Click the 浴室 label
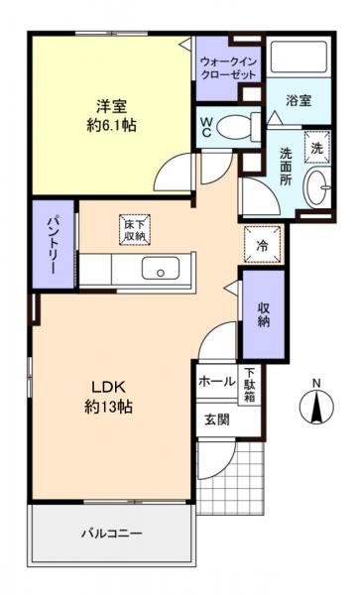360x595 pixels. tap(300, 100)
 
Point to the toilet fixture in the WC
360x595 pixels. tap(234, 126)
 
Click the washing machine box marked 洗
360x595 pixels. tap(317, 146)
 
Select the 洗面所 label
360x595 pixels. tap(285, 166)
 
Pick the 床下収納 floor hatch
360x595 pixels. tap(136, 229)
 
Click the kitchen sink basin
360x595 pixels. tap(157, 269)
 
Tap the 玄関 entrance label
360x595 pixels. tap(218, 418)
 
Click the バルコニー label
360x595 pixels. tap(111, 534)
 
